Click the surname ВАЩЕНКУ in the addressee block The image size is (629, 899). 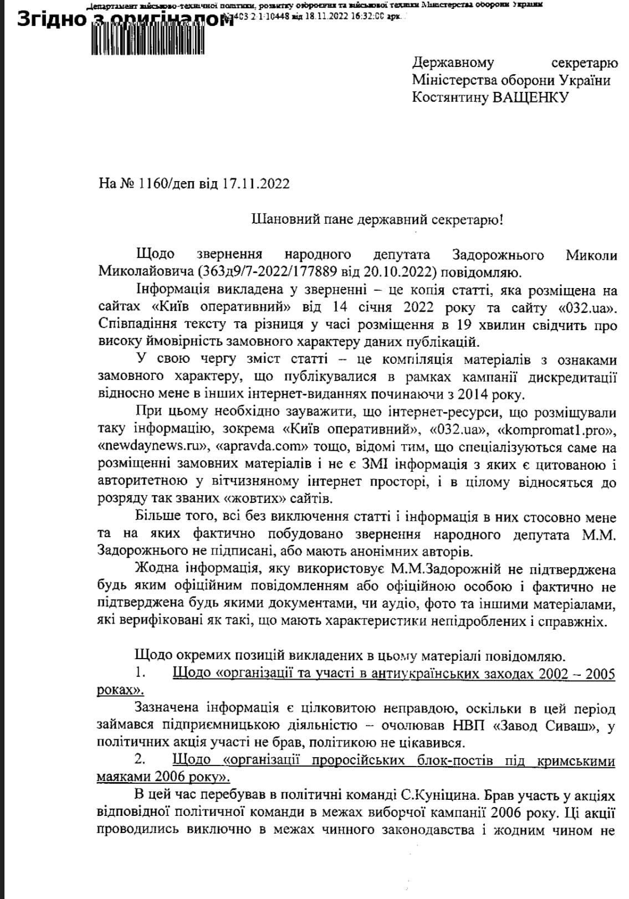531,98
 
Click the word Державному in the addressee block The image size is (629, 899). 453,63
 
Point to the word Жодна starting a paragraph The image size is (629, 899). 157,569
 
